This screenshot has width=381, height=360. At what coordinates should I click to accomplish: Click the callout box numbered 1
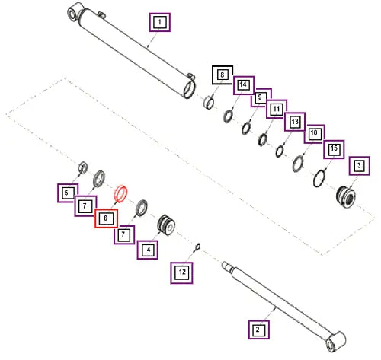click(x=159, y=22)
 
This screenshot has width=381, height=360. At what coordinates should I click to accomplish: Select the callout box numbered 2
click(x=259, y=330)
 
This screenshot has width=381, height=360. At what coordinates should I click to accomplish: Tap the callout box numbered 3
click(x=359, y=166)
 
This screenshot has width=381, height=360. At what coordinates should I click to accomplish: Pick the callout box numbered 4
click(x=148, y=250)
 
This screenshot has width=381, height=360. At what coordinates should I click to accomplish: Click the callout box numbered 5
click(x=68, y=193)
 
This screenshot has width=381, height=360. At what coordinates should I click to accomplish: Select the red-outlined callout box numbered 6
click(x=106, y=218)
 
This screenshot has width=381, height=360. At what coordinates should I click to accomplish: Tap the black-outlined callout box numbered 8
click(x=223, y=75)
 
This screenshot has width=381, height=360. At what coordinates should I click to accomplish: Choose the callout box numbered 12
click(x=181, y=272)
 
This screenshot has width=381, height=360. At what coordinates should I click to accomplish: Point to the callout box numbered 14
click(x=244, y=85)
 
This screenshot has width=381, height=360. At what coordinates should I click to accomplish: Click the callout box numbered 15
click(x=334, y=149)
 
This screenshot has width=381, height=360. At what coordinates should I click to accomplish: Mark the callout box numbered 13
click(x=295, y=122)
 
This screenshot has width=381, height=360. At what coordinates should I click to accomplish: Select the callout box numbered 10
click(x=314, y=134)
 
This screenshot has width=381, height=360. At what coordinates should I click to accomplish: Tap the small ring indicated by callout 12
click(x=197, y=247)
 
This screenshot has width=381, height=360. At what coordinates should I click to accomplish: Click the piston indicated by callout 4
click(x=166, y=225)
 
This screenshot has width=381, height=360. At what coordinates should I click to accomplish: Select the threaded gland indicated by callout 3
click(x=346, y=197)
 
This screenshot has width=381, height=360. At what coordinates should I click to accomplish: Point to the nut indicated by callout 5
click(x=83, y=167)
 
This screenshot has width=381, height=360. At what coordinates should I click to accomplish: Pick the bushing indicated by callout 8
click(x=209, y=102)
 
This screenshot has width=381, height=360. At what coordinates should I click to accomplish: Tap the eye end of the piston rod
click(x=336, y=341)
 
